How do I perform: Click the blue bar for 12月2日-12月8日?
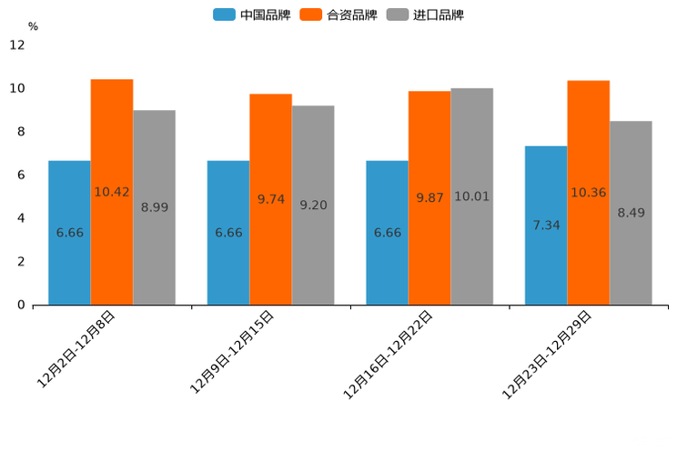[69, 232]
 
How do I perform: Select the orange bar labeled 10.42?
[112, 192]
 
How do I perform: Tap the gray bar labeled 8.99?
[154, 207]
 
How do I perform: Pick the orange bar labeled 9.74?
[270, 199]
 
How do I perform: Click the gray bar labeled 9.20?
[313, 205]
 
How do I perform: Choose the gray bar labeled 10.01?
[471, 196]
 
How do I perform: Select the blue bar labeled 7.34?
[546, 225]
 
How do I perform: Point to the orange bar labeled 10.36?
[588, 192]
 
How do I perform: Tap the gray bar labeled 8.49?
[631, 213]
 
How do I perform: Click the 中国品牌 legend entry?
[252, 15]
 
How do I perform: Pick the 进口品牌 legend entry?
[425, 15]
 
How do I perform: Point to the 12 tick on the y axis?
[17, 45]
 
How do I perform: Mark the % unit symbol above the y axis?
[33, 26]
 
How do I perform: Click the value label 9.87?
[429, 197]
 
